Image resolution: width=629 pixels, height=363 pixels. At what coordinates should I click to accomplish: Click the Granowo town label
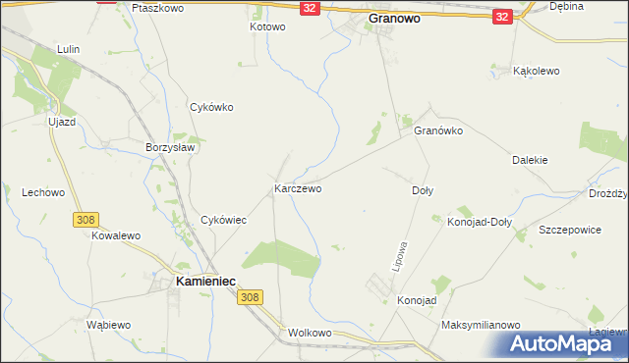pos(401,18)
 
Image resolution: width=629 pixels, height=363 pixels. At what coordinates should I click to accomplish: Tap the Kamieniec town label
pos(205,281)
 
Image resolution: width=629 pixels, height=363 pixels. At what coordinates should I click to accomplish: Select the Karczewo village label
pos(298,187)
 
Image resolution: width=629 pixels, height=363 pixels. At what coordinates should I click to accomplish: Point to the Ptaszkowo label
pos(157,7)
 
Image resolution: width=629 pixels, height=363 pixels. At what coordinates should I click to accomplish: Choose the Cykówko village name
pos(211,108)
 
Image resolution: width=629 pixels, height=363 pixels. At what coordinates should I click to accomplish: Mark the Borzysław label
pos(172,147)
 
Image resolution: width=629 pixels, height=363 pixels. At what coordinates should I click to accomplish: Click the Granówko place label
pos(438,130)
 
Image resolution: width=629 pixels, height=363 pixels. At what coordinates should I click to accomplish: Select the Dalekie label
pos(530,160)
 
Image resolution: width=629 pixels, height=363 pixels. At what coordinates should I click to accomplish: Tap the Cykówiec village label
pos(223,221)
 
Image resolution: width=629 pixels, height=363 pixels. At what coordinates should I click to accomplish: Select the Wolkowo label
pos(311,334)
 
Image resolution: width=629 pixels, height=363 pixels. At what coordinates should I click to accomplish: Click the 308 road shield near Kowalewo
pos(85,221)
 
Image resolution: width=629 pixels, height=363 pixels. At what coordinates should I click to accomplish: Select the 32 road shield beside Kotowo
pos(310,8)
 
